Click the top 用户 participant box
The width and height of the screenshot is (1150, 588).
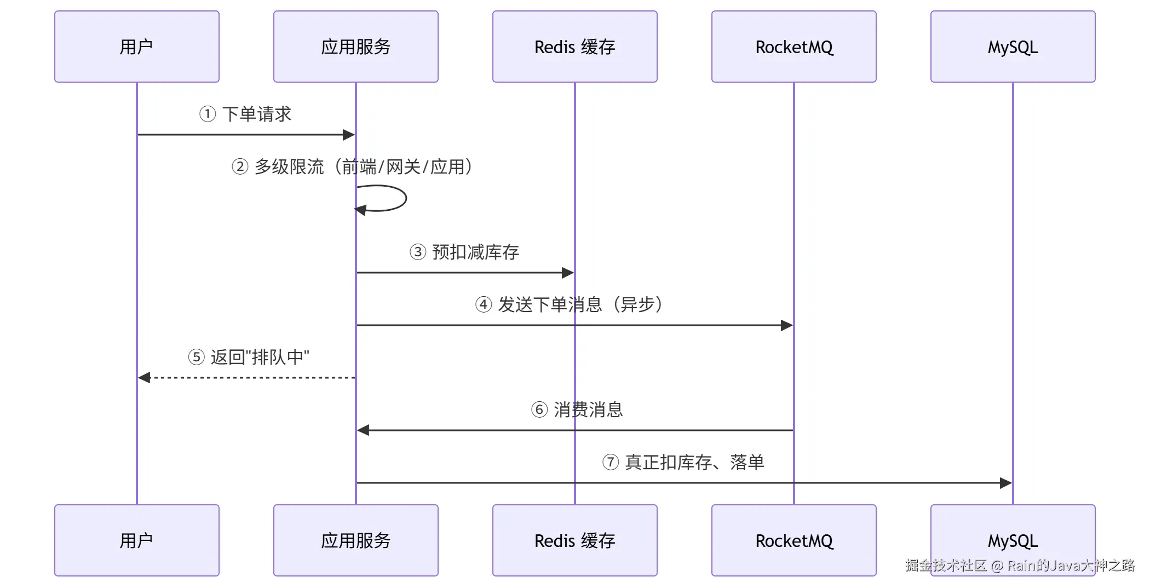(137, 47)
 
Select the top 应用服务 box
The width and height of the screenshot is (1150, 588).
(356, 47)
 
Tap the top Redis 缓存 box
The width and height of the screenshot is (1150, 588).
(575, 47)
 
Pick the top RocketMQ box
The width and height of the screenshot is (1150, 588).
(794, 47)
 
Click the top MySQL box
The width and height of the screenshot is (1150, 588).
(1013, 47)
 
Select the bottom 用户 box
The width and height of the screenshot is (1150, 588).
(137, 540)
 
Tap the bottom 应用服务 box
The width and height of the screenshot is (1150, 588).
(356, 540)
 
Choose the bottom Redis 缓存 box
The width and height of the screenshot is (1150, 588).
(575, 540)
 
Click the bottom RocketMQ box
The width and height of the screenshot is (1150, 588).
(794, 540)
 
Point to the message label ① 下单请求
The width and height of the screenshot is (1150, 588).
(245, 114)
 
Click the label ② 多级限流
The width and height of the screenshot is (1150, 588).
(278, 166)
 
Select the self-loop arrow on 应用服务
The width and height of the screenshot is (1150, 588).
(406, 198)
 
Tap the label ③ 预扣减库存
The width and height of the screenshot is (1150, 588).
(464, 252)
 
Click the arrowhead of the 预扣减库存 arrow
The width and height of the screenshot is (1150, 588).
(568, 273)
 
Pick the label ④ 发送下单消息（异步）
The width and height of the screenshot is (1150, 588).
(570, 304)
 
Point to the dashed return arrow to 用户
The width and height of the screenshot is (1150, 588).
(246, 378)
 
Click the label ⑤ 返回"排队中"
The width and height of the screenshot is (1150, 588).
(249, 357)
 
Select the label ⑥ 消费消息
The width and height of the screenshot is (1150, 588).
(577, 410)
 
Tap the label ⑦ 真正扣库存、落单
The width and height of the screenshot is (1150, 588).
(683, 462)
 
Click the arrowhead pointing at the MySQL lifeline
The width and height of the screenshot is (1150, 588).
(1006, 483)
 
